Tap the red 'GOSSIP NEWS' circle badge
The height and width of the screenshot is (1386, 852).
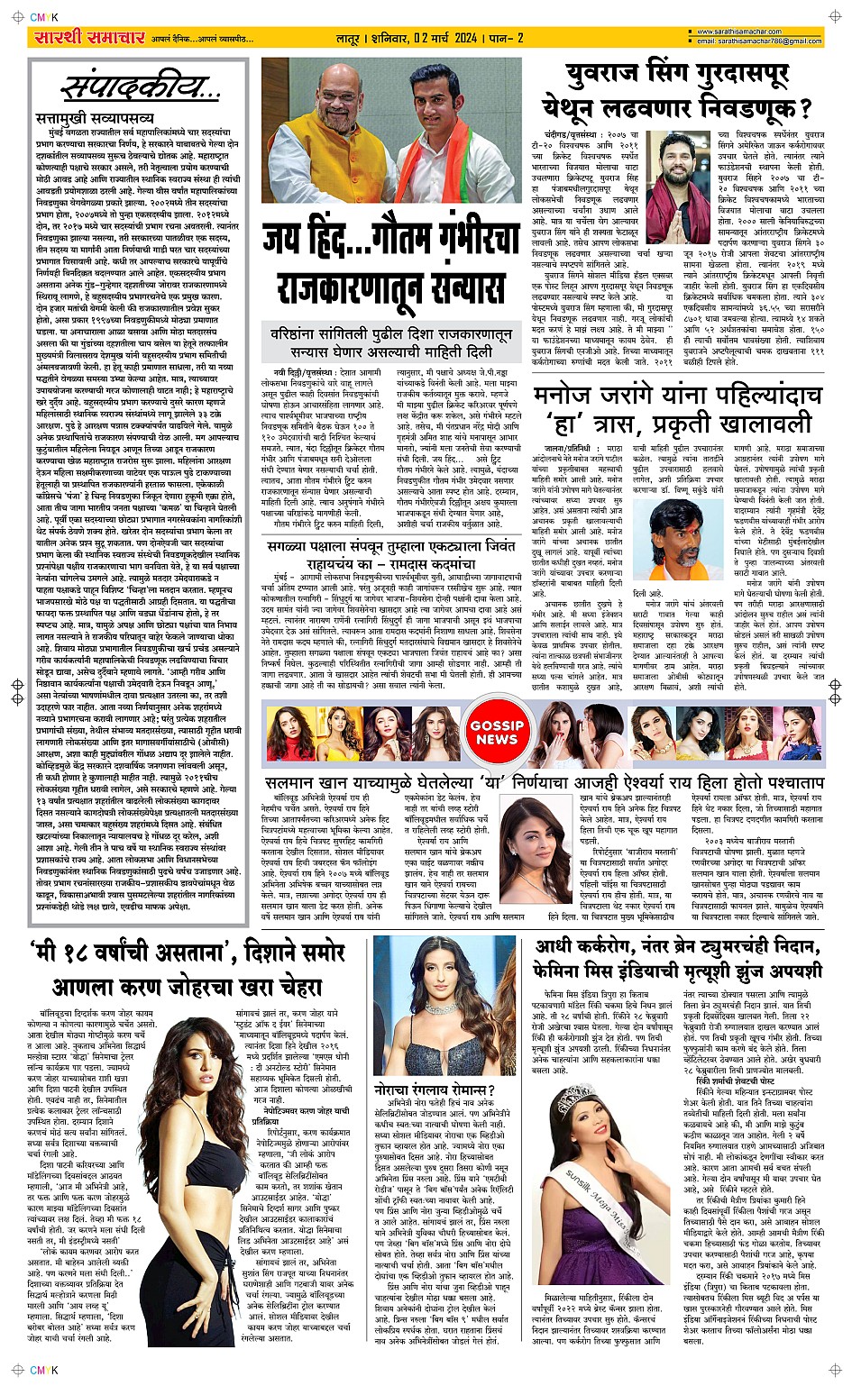tap(497, 732)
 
